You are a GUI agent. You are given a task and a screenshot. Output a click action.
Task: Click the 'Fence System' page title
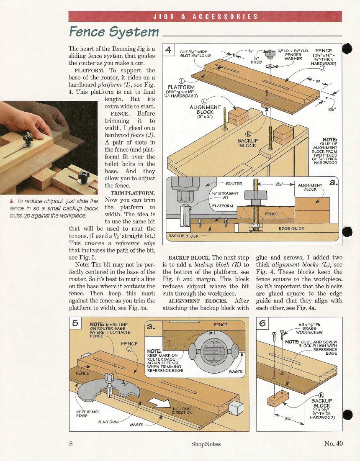tap(114, 32)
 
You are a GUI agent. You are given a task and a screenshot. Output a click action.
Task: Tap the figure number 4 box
tap(169, 50)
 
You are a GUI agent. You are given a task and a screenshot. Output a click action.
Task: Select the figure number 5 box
tap(75, 323)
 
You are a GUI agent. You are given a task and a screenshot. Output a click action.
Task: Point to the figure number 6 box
tap(263, 323)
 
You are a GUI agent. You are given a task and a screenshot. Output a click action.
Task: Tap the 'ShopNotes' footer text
tap(206, 444)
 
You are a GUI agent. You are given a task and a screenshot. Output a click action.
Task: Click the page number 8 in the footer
tap(72, 444)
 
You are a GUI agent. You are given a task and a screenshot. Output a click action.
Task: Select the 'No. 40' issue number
tap(333, 443)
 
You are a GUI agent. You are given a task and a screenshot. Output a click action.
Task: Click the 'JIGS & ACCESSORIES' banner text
tap(205, 17)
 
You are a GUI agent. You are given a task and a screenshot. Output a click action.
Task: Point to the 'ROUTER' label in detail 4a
tap(234, 184)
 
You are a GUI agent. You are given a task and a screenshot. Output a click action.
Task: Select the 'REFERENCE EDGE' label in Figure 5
tap(87, 414)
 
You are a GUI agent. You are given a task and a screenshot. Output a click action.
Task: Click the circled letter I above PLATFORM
tap(182, 80)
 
